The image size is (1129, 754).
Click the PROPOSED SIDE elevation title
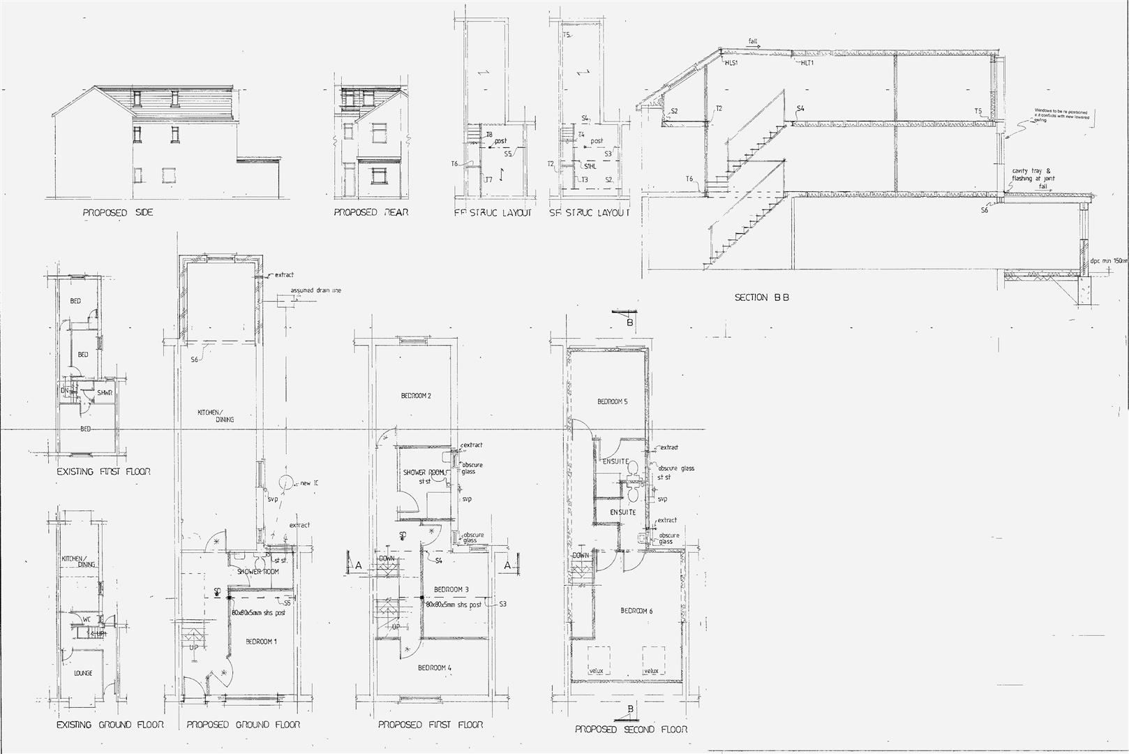coord(117,212)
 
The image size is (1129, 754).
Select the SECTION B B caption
coord(761,297)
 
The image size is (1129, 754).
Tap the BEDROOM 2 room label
coord(416,396)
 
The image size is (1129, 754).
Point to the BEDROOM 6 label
coord(636,611)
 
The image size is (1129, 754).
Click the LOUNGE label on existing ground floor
coord(82,673)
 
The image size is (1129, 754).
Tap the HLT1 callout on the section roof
coord(807,64)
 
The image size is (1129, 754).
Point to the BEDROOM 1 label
coord(261,642)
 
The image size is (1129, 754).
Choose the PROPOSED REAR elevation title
coord(371,212)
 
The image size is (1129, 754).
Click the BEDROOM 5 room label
coord(612,402)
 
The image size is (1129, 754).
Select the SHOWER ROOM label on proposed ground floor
coord(257,571)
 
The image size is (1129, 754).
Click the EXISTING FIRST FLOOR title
coord(103,472)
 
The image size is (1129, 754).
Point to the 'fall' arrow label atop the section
coord(753,42)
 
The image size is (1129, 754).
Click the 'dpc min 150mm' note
coord(1108,260)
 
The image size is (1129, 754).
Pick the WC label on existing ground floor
coord(87,619)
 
